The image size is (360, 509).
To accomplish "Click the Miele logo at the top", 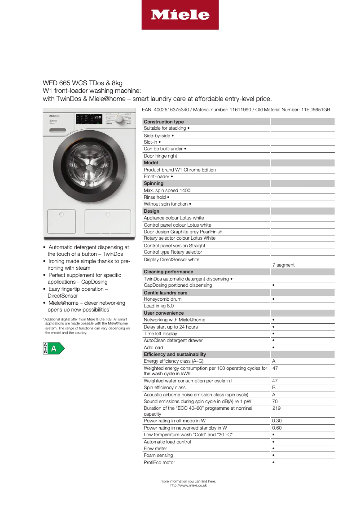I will pos(180,15).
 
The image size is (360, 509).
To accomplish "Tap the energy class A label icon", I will pos(53,348).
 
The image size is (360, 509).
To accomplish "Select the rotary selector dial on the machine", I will pos(119,120).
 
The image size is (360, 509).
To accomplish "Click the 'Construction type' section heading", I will pos(163,122).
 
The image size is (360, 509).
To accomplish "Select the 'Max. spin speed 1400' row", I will pos(167,190).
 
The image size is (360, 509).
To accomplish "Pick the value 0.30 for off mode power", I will pos(277,421).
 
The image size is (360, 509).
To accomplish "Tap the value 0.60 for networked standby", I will pos(277,428).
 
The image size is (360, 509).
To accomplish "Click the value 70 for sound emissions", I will pos(275,401).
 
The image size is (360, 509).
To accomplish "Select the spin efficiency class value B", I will pos(274,387).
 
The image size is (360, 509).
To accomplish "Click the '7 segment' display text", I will pos(283,265).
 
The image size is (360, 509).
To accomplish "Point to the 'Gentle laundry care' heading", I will pos(166,293).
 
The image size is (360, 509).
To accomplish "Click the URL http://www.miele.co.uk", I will pos(189,485).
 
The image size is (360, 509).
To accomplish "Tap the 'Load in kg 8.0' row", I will pos(158,306).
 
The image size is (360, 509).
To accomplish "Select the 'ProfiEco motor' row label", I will pos(159,462).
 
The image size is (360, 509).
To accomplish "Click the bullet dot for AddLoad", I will pos(273,348).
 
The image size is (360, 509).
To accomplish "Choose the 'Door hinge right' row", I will pos(160,156).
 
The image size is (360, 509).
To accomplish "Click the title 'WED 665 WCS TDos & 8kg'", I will pos(83,83).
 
